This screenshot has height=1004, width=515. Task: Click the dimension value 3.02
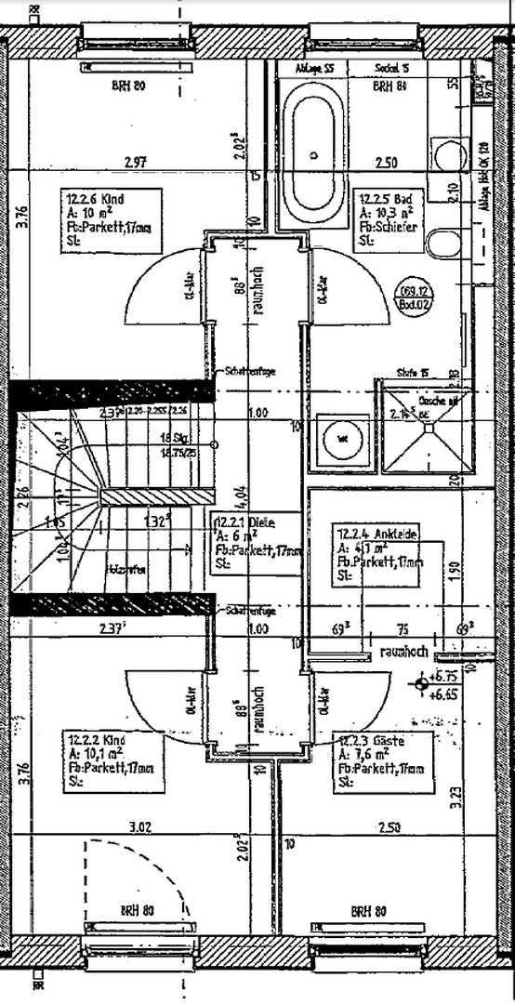pos(139,826)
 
